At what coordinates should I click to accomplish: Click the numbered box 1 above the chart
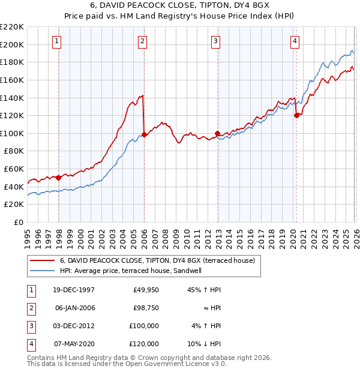point(56,41)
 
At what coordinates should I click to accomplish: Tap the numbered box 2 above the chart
point(142,41)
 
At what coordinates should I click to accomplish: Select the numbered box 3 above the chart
point(215,41)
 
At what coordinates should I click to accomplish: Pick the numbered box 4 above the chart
point(295,41)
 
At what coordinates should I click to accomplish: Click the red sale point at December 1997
point(59,178)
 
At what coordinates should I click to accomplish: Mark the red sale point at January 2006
point(144,134)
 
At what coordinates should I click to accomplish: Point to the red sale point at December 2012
point(217,133)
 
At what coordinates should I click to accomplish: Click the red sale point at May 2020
point(296,116)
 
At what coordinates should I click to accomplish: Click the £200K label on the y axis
point(12,44)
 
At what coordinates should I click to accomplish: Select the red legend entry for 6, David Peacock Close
point(157,260)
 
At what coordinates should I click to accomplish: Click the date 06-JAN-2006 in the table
point(75,308)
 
